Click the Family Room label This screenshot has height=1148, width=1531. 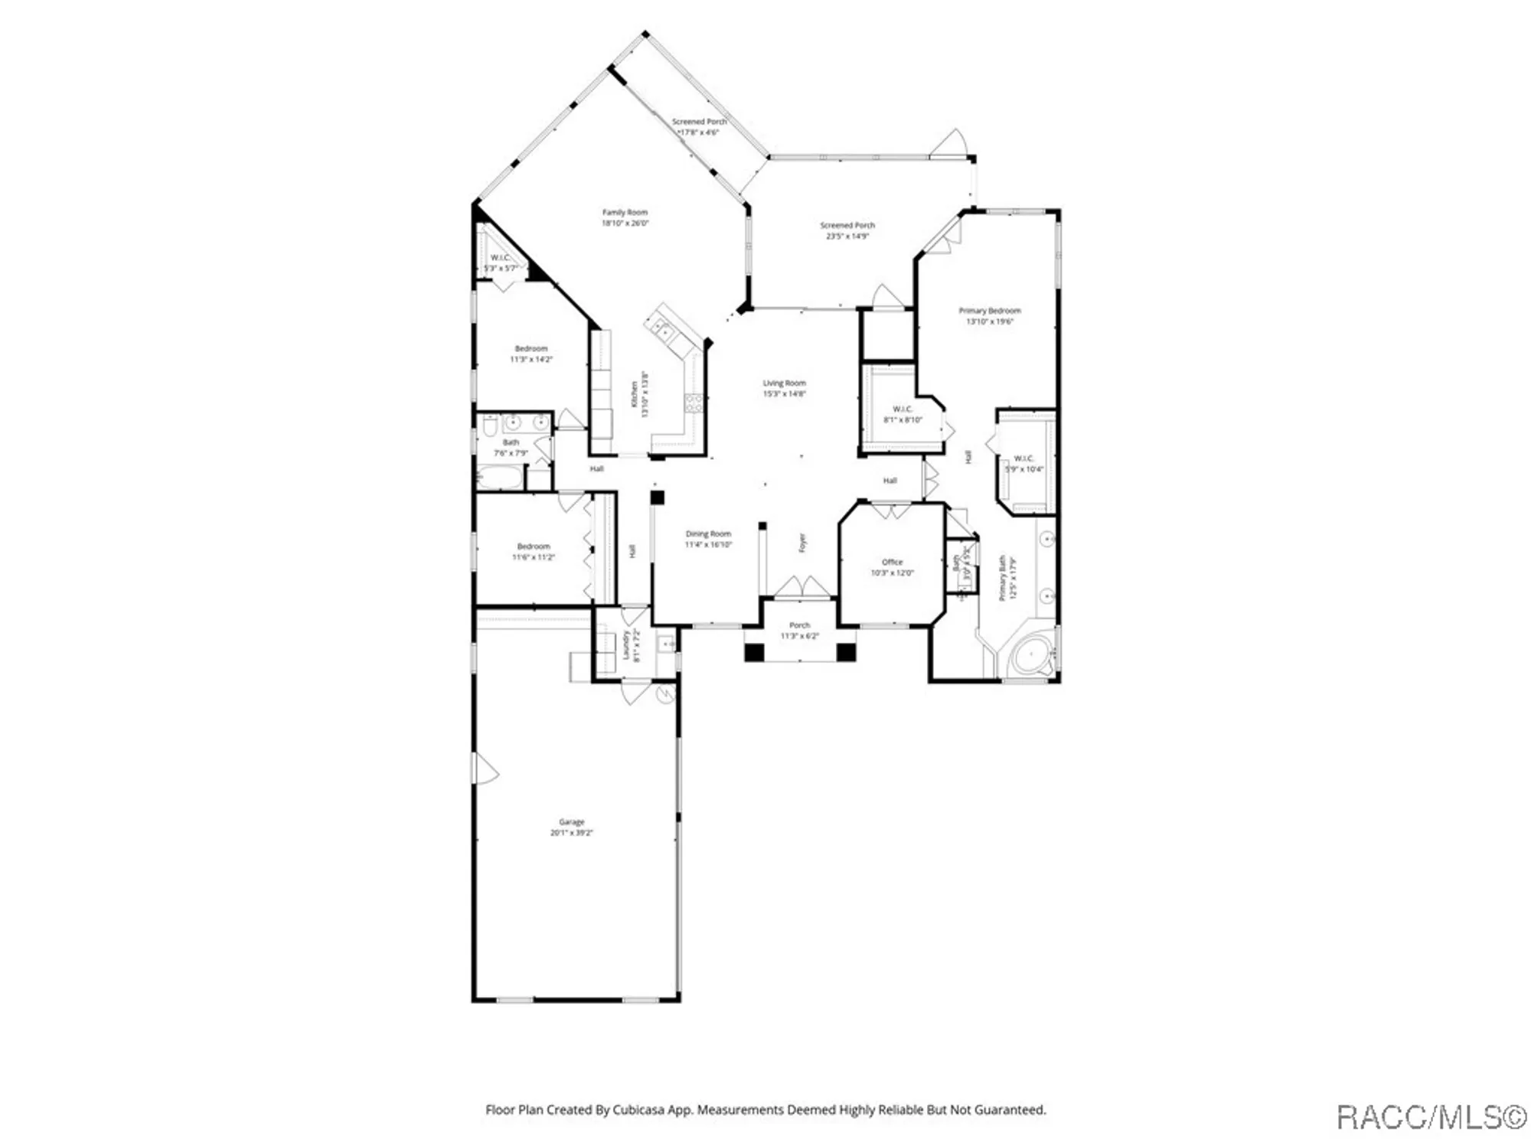click(x=625, y=212)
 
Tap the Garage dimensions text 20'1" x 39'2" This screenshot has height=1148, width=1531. click(x=571, y=833)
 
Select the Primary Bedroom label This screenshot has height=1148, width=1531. click(x=989, y=311)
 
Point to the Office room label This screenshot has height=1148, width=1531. click(x=892, y=562)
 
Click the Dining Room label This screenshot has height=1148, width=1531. click(x=708, y=533)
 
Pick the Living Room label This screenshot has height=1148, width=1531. click(x=784, y=383)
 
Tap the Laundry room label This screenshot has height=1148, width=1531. click(x=626, y=644)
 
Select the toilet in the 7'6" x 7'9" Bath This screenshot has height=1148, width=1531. click(x=490, y=424)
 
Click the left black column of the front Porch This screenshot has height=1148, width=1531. click(x=754, y=652)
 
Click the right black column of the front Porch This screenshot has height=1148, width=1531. click(x=845, y=652)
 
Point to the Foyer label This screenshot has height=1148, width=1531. click(x=802, y=543)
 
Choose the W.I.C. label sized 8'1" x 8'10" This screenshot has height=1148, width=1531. click(x=903, y=409)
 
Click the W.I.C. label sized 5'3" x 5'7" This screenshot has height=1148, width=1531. click(x=500, y=258)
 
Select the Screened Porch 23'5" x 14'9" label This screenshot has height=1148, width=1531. click(x=847, y=225)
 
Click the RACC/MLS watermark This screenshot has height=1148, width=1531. click(x=1430, y=1117)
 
